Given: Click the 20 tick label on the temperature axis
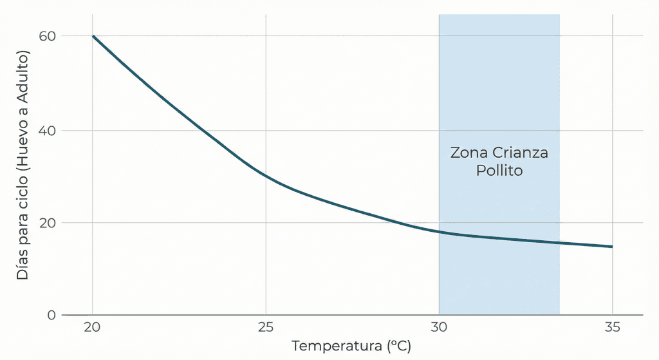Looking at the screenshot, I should pos(93,328).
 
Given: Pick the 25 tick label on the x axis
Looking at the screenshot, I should pos(266,328).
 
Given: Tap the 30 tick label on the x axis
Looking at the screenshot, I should pos(439,328).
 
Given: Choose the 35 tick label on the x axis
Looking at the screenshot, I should pos(612,328).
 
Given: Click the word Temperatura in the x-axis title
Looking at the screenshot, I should pos(337,346).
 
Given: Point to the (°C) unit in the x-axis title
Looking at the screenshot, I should pos(399,346).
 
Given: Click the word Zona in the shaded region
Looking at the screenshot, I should pos(469,153).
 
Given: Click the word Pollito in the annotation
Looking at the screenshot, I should pos(499,171).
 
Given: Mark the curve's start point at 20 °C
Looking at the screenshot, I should pos(93,36).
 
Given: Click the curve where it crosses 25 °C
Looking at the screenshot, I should pos(266,175).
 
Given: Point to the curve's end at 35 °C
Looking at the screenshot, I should pos(611,247).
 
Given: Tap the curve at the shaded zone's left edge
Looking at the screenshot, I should pos(439,232).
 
